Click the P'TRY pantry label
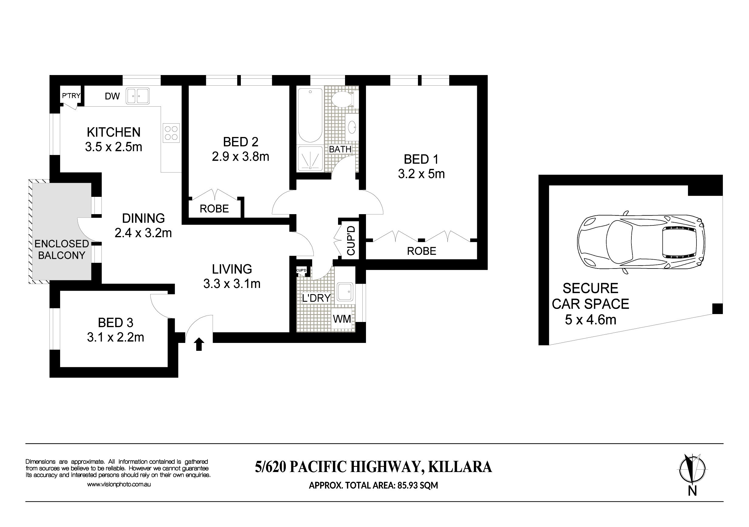(71, 96)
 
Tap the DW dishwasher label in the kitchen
(112, 96)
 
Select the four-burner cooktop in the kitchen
(171, 133)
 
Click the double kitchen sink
(138, 96)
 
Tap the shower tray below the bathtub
(310, 158)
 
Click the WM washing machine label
(342, 319)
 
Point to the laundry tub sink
(345, 292)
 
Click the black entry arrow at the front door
(199, 344)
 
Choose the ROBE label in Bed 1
(422, 251)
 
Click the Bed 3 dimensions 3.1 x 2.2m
(115, 337)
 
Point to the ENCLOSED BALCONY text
(62, 249)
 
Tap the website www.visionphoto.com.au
(119, 484)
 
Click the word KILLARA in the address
(460, 467)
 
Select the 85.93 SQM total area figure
(418, 486)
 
